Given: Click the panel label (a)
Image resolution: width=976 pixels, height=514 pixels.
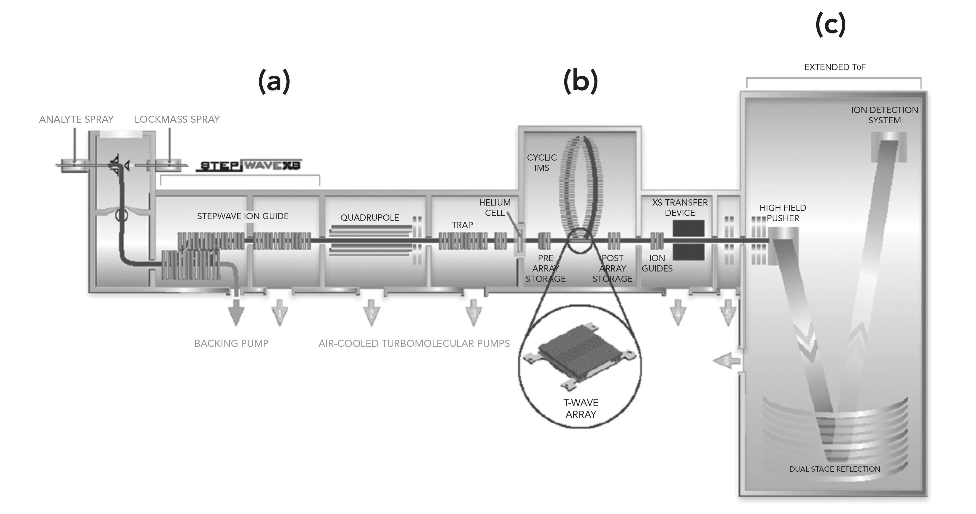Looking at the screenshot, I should pos(274,81).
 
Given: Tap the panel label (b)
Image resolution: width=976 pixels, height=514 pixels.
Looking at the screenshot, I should pos(581,81).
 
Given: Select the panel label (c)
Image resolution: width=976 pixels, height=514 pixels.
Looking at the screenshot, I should pos(830,24).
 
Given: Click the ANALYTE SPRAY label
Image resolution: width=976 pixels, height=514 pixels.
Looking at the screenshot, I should pos(76,119).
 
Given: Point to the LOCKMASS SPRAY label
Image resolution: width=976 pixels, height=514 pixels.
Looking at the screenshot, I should pos(177,119).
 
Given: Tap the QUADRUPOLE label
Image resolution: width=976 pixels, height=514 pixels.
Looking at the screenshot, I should pos(369,217).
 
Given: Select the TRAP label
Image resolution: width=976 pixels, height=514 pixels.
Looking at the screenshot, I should pos(462,225).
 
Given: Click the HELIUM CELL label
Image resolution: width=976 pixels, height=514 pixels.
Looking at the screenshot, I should pos(495,208).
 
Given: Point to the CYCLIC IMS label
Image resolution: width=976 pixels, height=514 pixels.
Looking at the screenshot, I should pos(542,162).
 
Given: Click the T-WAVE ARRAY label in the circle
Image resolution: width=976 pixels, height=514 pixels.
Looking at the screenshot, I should pos(581,408).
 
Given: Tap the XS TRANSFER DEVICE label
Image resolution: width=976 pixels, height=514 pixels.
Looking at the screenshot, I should pos(680,208).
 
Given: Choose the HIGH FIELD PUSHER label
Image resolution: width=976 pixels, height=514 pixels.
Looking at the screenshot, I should pos(783,213).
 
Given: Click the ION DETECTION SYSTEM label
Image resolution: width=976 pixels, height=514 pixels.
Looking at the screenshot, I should pos(884,115).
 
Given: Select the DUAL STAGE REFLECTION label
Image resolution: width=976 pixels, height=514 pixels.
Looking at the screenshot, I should pos(835,469).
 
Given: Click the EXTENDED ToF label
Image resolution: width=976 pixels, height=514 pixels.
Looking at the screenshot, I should pos(835,67).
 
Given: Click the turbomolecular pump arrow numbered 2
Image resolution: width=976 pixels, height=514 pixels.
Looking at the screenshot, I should pos(371,313).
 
